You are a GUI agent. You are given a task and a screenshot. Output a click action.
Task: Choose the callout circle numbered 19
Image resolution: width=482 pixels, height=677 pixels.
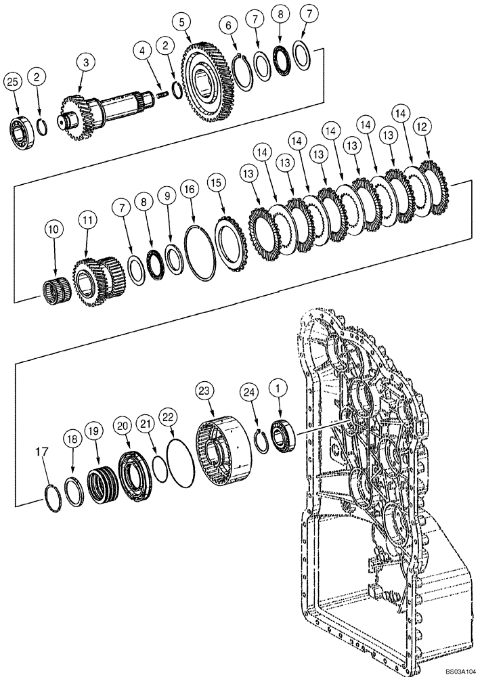tap(93, 431)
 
